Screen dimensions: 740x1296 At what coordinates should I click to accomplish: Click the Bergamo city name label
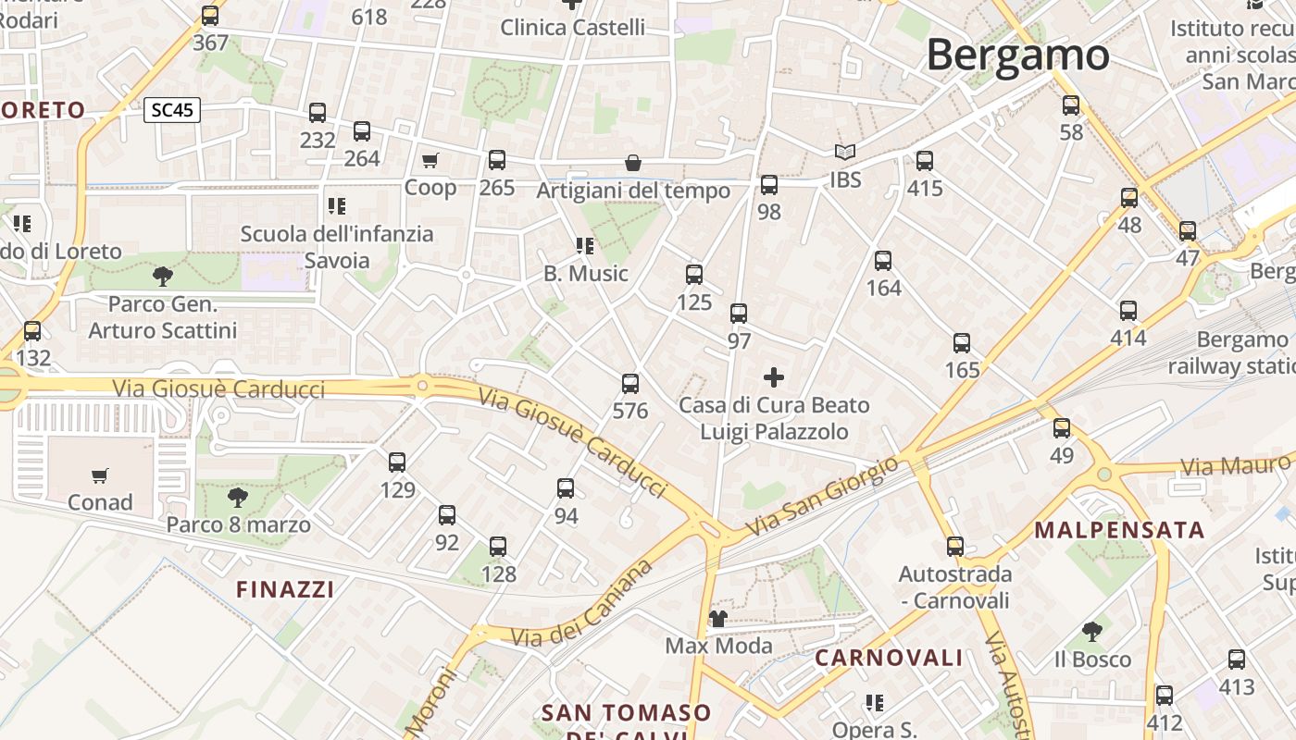[1017, 55]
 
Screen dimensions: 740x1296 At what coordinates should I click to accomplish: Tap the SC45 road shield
[172, 110]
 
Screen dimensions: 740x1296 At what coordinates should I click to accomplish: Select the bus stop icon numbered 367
[210, 16]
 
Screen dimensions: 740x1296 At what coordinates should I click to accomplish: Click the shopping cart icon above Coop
[430, 161]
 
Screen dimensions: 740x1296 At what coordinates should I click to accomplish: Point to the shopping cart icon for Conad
[100, 476]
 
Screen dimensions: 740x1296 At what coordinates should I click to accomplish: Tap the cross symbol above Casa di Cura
[773, 377]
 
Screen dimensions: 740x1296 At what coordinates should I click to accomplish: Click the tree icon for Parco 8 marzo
[238, 498]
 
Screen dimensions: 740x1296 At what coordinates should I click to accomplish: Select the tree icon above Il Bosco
[1092, 633]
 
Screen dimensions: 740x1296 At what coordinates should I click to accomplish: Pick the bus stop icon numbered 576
[630, 383]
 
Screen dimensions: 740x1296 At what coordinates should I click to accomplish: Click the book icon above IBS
[844, 153]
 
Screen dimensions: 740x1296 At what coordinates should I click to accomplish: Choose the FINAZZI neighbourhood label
[285, 589]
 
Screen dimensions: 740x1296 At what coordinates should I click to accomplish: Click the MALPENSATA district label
[1119, 530]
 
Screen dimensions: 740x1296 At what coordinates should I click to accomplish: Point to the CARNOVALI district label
[889, 658]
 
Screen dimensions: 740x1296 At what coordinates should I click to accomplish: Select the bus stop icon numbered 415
[924, 161]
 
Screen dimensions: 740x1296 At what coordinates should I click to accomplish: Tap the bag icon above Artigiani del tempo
[633, 164]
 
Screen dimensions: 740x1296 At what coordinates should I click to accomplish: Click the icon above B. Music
[584, 246]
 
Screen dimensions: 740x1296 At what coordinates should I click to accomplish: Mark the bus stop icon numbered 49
[1062, 428]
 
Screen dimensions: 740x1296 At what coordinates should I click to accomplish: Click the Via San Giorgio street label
[822, 497]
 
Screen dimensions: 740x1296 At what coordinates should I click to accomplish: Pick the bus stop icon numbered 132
[32, 330]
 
